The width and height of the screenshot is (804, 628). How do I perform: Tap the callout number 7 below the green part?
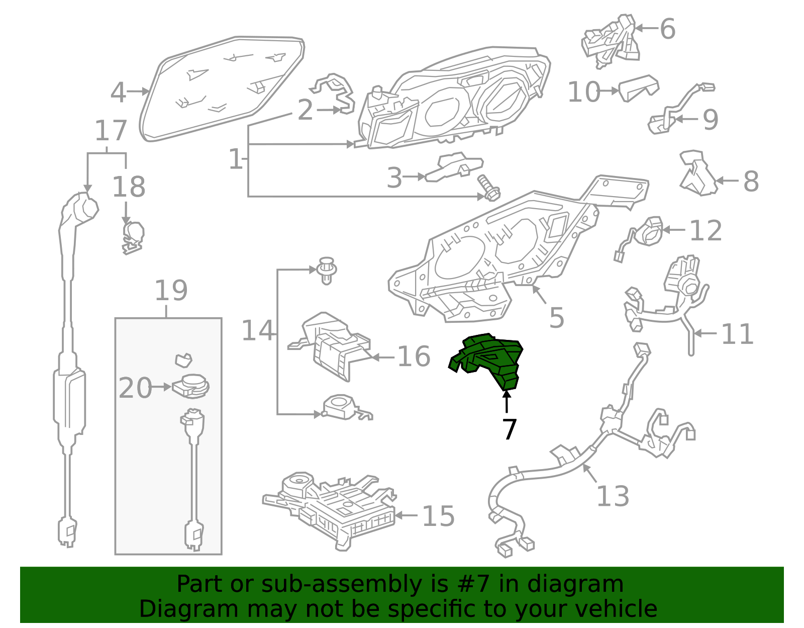pyautogui.click(x=509, y=429)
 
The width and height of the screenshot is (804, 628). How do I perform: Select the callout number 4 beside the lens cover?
pyautogui.click(x=118, y=93)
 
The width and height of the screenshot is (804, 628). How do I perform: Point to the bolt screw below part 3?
pyautogui.click(x=489, y=187)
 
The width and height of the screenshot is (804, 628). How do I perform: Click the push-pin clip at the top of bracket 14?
pyautogui.click(x=326, y=270)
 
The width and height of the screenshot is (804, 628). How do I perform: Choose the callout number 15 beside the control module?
pyautogui.click(x=438, y=516)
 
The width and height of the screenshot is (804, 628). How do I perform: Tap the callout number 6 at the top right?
pyautogui.click(x=667, y=29)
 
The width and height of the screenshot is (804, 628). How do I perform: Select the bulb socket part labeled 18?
pyautogui.click(x=133, y=236)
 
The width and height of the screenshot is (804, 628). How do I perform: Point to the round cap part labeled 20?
pyautogui.click(x=191, y=386)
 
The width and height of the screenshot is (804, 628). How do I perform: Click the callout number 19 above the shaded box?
pyautogui.click(x=171, y=291)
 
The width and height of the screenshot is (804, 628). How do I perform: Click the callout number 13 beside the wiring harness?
pyautogui.click(x=613, y=496)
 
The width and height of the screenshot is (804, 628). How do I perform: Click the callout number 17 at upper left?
pyautogui.click(x=111, y=131)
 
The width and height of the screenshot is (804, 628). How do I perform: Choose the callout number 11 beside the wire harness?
pyautogui.click(x=737, y=334)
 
